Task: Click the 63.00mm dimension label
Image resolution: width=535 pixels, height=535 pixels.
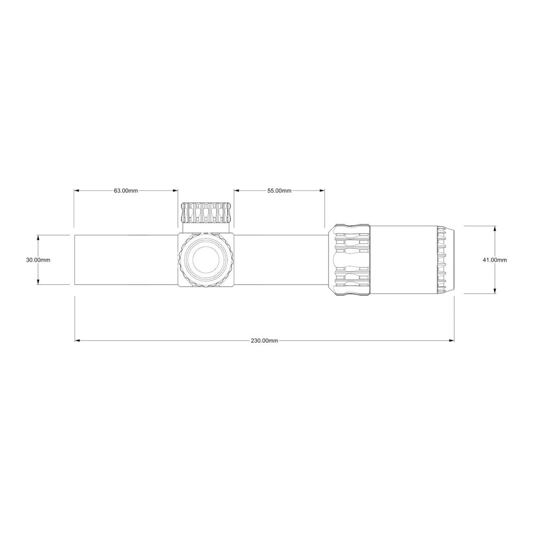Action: (126, 191)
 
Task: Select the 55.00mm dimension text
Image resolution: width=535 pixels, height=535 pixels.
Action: (279, 191)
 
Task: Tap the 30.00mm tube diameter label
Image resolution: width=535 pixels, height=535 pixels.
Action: (38, 260)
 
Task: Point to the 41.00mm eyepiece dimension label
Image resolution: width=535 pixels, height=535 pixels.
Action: (494, 260)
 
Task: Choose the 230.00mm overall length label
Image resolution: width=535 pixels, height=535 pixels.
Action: (264, 341)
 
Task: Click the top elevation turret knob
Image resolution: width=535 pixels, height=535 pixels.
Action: (206, 213)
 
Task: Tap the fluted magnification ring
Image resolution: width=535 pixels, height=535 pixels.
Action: (350, 260)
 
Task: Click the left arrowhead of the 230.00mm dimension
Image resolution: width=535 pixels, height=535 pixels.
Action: (77, 341)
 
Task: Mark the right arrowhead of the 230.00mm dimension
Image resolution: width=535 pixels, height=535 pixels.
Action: (452, 341)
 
